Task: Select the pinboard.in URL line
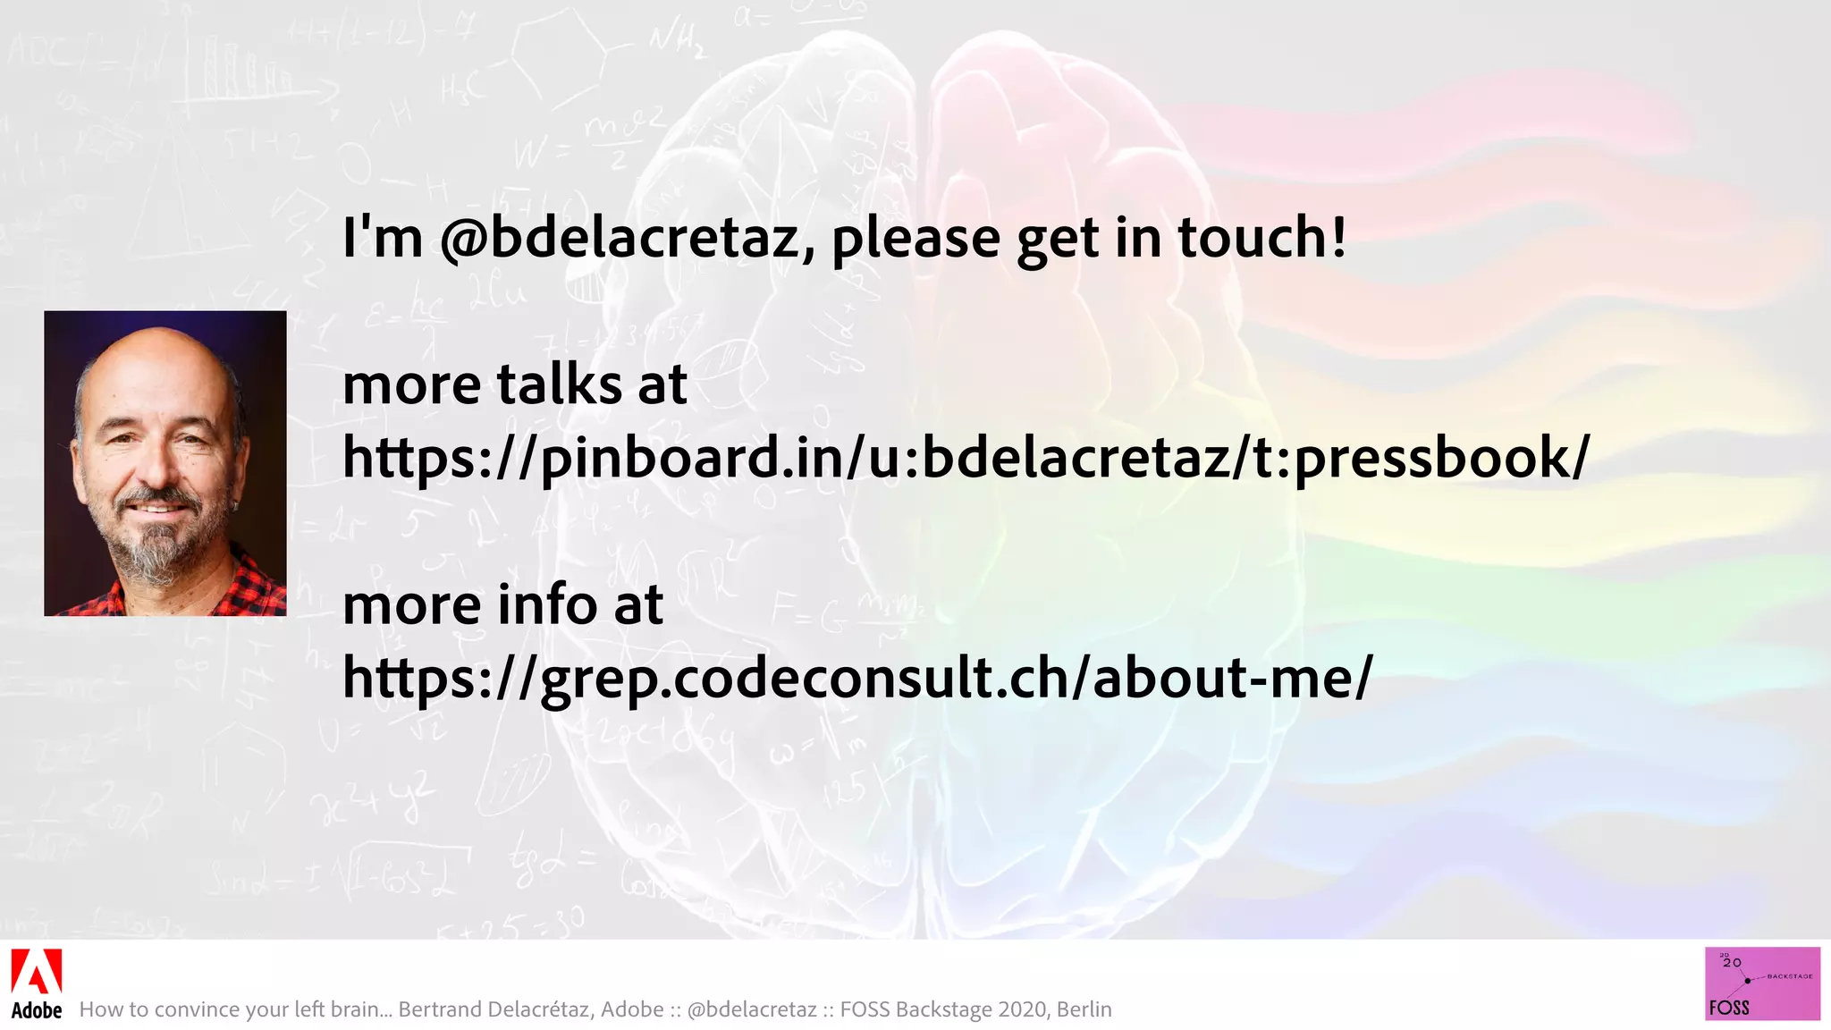[966, 458]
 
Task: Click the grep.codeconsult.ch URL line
[856, 678]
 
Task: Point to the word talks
[559, 384]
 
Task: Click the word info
[547, 604]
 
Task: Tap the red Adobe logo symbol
[36, 971]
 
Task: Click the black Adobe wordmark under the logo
[37, 1010]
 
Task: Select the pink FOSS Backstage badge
[1761, 984]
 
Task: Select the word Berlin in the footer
[1084, 1009]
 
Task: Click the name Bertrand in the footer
[438, 1009]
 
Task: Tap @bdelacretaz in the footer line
[752, 1009]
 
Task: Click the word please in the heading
[915, 239]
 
